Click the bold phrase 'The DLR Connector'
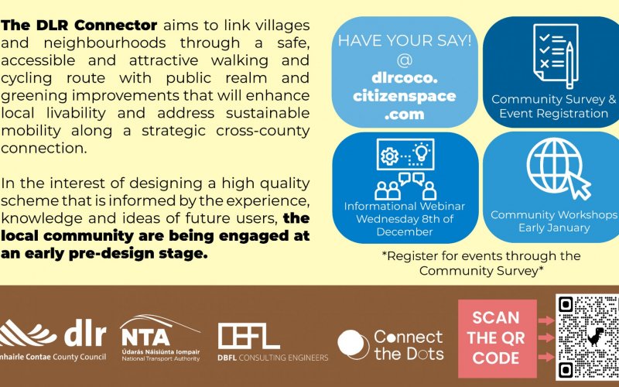tap(79, 26)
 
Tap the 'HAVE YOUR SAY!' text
tap(405, 41)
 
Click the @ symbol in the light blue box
tap(405, 60)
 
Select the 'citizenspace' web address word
tap(405, 96)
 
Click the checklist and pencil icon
tap(556, 56)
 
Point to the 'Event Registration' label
tap(553, 114)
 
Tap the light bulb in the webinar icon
tap(421, 152)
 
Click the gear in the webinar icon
tap(389, 156)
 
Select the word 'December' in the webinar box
tap(405, 231)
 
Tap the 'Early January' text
tap(554, 228)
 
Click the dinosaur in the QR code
tap(595, 337)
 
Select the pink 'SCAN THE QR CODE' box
tap(498, 338)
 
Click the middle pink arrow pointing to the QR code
tap(546, 337)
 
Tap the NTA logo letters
tap(145, 337)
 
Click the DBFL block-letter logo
tap(248, 336)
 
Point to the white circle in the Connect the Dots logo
tap(351, 344)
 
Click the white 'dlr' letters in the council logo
tap(85, 334)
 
